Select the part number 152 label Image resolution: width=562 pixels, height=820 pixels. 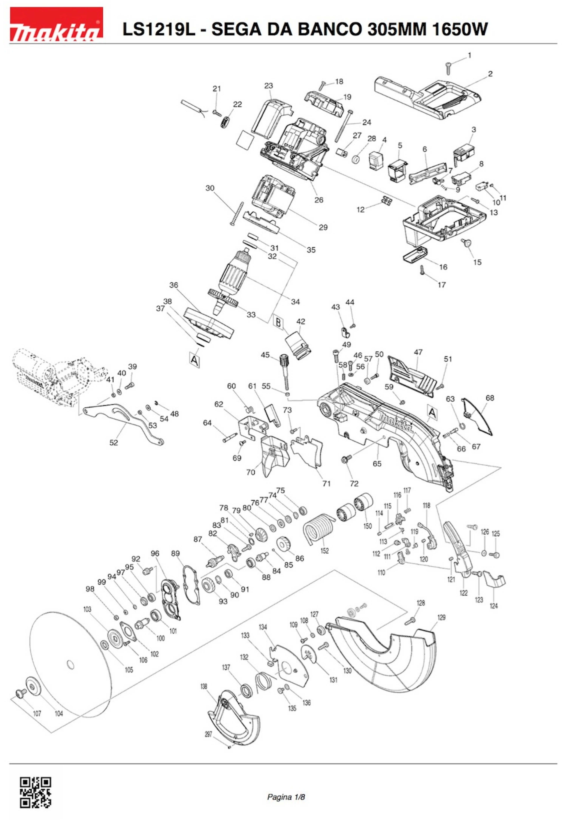(324, 551)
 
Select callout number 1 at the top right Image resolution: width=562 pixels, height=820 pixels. (469, 55)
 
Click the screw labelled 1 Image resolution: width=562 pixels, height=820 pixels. (449, 68)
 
